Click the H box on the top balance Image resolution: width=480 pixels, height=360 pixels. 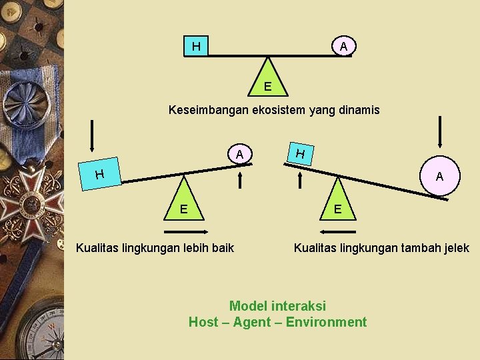tap(196, 47)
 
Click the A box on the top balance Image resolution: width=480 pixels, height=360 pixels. tap(343, 46)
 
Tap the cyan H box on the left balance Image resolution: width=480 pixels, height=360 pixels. tap(99, 175)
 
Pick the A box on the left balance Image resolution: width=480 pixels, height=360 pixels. tap(239, 155)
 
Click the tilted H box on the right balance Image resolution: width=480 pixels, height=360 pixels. tap(301, 155)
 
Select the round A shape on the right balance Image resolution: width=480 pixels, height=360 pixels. tap(439, 176)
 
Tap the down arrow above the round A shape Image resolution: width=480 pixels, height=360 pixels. tap(440, 132)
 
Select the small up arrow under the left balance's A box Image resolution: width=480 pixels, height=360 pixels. tap(241, 180)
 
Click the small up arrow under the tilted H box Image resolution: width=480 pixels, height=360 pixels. tap(301, 180)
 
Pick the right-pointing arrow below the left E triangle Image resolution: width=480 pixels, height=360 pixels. tap(183, 232)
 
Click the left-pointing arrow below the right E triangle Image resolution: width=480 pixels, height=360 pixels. tap(338, 232)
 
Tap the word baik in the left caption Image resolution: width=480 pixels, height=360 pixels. tap(223, 248)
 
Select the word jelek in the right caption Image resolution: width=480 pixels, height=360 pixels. tap(455, 248)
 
